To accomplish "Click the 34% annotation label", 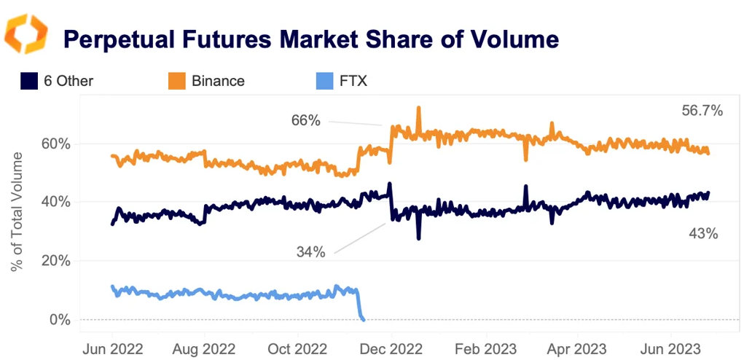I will pos(310,252).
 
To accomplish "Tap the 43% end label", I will pos(704,234).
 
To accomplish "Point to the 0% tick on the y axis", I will pos(63,319).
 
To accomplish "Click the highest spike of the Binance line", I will pos(418,108).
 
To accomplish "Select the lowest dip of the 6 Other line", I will pos(418,238).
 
